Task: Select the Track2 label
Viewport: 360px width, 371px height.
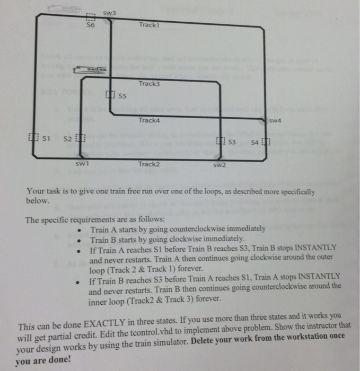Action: pyautogui.click(x=148, y=164)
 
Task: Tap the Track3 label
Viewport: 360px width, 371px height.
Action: pyautogui.click(x=148, y=84)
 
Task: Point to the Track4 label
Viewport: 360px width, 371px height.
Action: pyautogui.click(x=148, y=120)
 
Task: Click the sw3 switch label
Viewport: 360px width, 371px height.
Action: pyautogui.click(x=109, y=12)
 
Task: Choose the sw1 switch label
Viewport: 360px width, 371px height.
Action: pyautogui.click(x=81, y=164)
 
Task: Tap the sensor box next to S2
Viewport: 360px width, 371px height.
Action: pyautogui.click(x=81, y=139)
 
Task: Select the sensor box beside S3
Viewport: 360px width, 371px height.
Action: pyautogui.click(x=222, y=140)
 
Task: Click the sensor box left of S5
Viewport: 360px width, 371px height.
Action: pyautogui.click(x=109, y=95)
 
